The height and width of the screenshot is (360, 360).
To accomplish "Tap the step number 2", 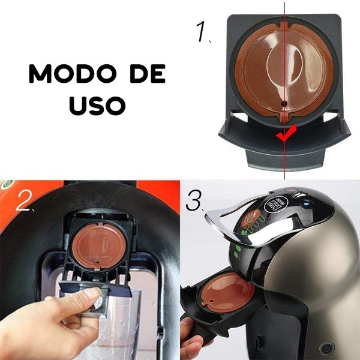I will pos(24,202).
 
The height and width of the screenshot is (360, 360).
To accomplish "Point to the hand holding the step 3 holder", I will pos(195,336).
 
